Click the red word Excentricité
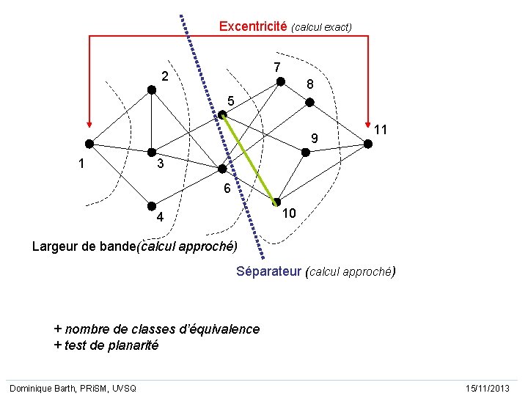click(x=253, y=26)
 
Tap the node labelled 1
click(x=88, y=144)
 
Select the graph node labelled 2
click(x=151, y=89)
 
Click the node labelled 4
click(x=151, y=206)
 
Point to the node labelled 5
click(x=222, y=114)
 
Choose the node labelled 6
click(x=222, y=169)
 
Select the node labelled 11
click(x=368, y=144)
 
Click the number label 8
click(x=310, y=85)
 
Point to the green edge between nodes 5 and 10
click(x=250, y=158)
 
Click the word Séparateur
click(x=269, y=272)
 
